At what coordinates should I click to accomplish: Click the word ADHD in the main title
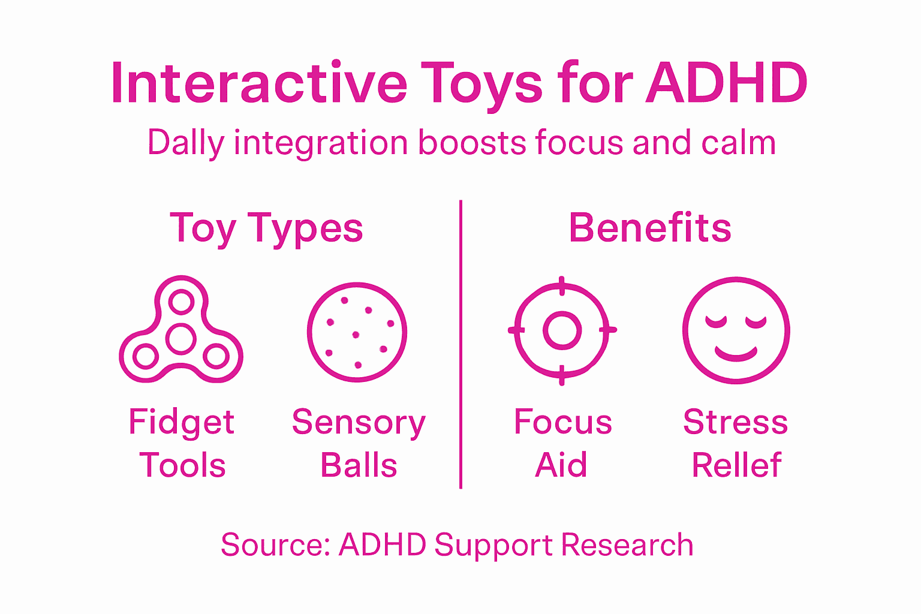[727, 83]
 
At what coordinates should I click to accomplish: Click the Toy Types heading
[267, 228]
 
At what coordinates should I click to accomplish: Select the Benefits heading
[650, 228]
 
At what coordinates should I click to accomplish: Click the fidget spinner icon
[181, 330]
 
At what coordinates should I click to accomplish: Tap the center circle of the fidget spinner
[181, 339]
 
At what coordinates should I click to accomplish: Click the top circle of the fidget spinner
[181, 302]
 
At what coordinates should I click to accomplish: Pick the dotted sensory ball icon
[357, 332]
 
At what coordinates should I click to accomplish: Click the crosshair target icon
[562, 330]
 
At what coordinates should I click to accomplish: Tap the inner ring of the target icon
[562, 330]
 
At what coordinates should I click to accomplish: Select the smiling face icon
[736, 330]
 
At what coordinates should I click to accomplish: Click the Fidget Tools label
[182, 444]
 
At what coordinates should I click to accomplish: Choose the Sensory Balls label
[359, 444]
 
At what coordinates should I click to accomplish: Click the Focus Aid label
[562, 444]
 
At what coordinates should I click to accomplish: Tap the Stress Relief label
[736, 444]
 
